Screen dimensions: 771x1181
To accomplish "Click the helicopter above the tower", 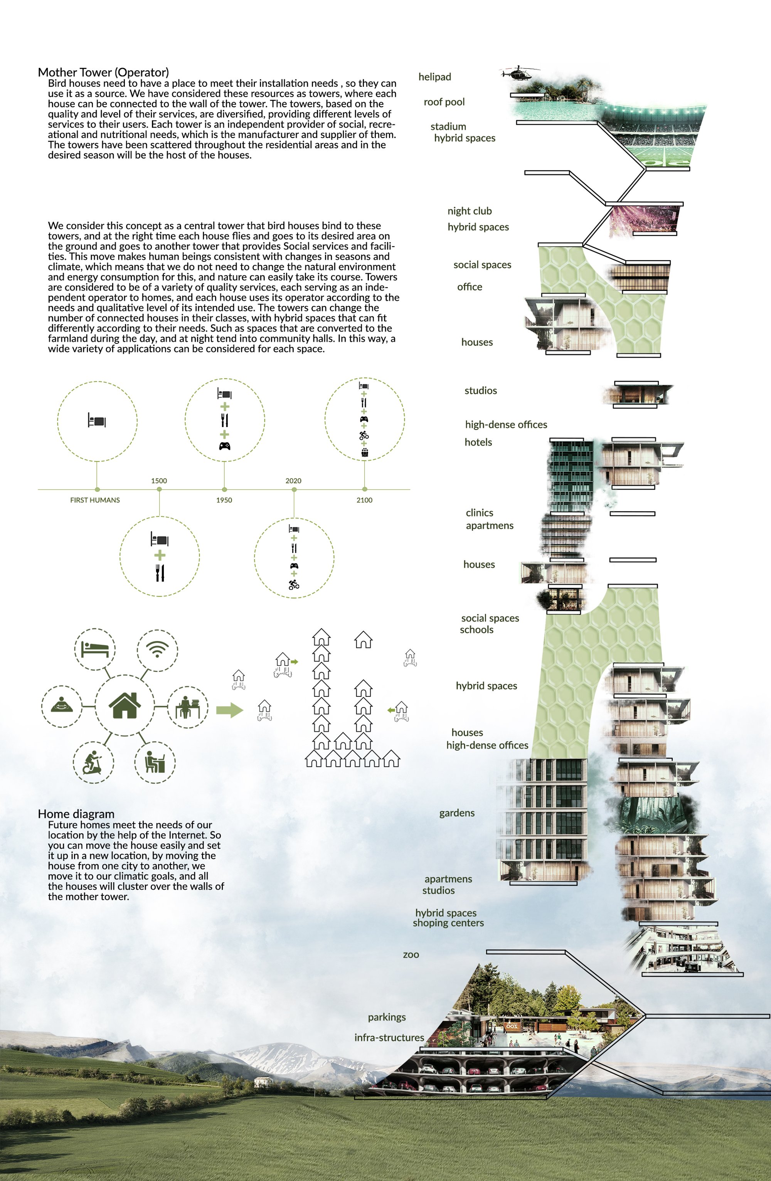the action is (519, 73).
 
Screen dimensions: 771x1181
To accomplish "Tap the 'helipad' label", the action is (434, 77).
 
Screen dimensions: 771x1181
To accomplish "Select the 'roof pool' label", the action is (444, 102).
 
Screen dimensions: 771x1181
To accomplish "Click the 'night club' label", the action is (470, 211).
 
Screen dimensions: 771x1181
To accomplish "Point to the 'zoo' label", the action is (411, 954).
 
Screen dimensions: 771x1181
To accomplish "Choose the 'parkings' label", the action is (387, 1017).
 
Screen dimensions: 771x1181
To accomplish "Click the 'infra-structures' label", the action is (389, 1038).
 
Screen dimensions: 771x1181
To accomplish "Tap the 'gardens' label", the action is (456, 813).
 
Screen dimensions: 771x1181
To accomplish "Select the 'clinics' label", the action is (479, 513).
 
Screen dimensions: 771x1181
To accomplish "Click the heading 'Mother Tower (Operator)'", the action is (103, 72).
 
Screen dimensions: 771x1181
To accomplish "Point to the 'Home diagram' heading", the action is (76, 814).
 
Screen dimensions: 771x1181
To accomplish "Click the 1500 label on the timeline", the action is (159, 481).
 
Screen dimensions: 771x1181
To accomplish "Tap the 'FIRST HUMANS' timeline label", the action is (95, 500).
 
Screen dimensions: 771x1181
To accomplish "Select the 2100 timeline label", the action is (364, 500).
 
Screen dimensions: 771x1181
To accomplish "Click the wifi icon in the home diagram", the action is (157, 649).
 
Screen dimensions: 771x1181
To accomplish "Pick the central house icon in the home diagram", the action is (125, 705).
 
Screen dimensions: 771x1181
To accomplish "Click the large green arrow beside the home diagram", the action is (230, 710).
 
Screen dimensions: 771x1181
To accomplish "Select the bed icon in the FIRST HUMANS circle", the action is (97, 421).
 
